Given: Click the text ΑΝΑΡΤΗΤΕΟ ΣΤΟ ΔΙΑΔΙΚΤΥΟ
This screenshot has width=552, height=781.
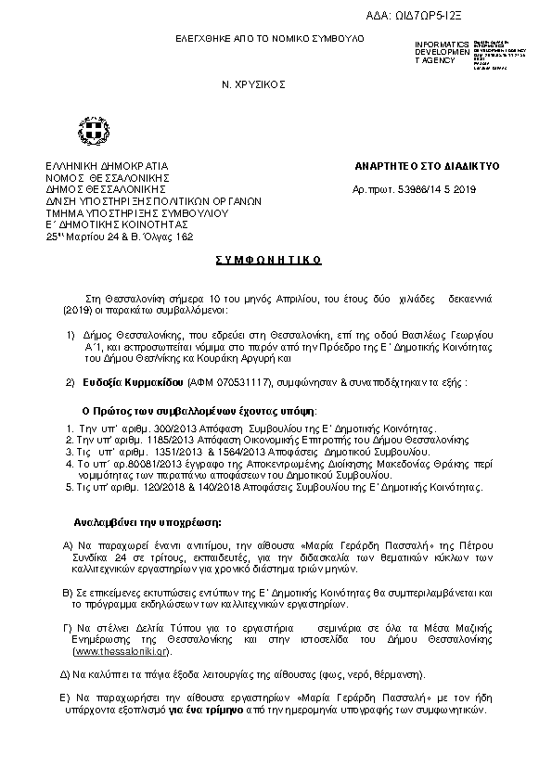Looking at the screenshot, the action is click(427, 166).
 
